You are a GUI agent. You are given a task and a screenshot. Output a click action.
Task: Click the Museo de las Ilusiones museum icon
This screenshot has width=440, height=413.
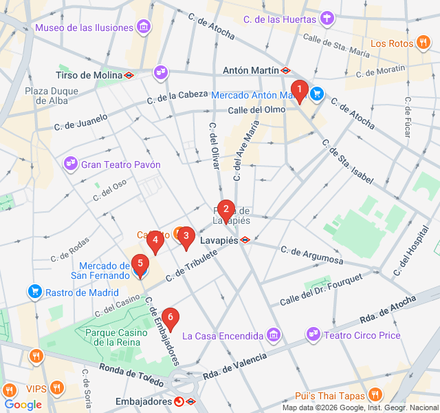pyautogui.click(x=144, y=28)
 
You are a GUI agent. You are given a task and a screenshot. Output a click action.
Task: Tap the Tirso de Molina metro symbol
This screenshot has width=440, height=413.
pyautogui.click(x=129, y=75)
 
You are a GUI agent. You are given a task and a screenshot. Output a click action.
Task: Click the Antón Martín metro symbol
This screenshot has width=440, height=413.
pyautogui.click(x=285, y=70)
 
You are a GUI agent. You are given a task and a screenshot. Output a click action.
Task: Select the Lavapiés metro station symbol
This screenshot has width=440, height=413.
pyautogui.click(x=245, y=240)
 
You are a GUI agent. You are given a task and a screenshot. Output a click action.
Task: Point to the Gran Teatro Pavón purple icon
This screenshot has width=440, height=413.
pyautogui.click(x=71, y=164)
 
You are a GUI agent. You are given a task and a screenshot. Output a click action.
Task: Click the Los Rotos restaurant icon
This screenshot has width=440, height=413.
pyautogui.click(x=423, y=43)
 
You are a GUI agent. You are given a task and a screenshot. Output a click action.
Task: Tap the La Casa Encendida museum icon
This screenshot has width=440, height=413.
pyautogui.click(x=274, y=335)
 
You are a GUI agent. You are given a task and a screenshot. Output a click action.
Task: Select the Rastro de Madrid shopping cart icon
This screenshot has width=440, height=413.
pyautogui.click(x=34, y=292)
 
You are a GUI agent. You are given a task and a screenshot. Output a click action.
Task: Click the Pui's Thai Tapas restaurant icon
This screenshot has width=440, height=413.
pyautogui.click(x=375, y=395)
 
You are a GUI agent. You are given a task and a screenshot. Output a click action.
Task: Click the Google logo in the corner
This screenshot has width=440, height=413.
pyautogui.click(x=23, y=405)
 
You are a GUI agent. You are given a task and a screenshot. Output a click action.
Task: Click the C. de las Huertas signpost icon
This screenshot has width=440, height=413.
pyautogui.click(x=329, y=19)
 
